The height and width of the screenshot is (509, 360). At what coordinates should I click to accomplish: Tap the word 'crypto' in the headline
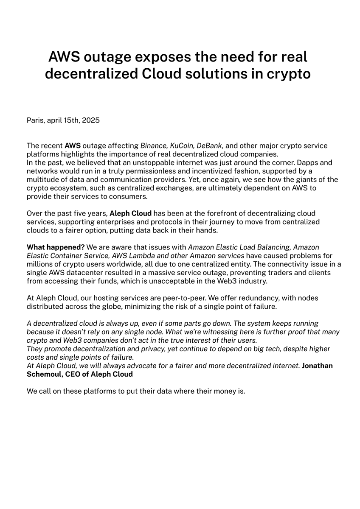tap(289, 74)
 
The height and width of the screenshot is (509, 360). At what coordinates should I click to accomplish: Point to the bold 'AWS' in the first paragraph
tap(73, 145)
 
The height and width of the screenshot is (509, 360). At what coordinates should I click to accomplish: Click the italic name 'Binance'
tap(154, 145)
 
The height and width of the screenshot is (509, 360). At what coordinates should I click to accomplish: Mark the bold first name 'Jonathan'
tap(317, 366)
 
